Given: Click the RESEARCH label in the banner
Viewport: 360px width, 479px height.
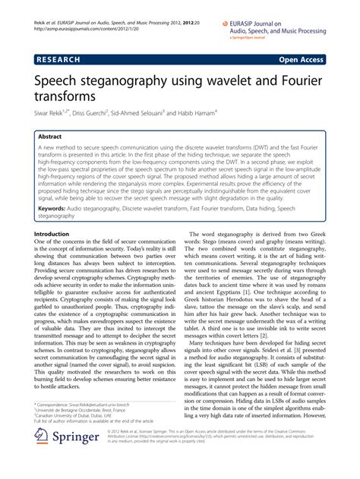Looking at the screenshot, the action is (61, 58).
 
